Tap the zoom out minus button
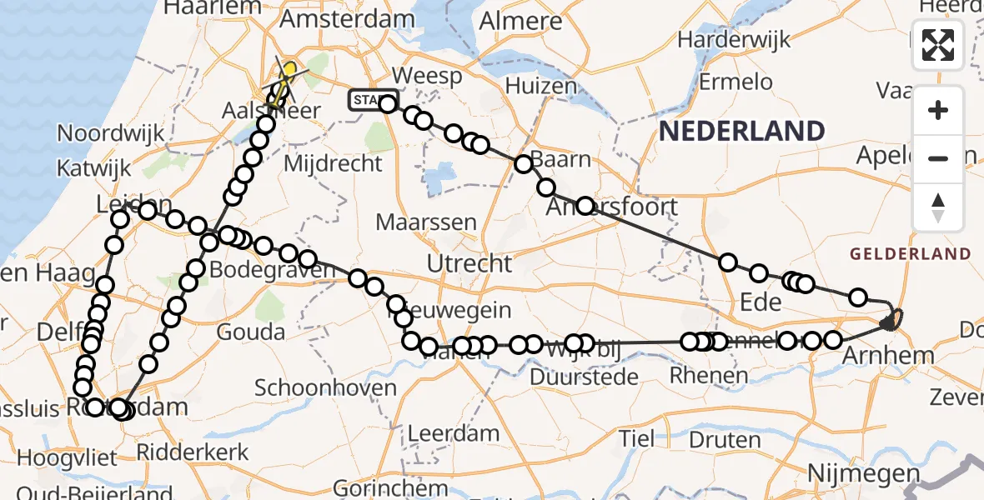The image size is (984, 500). coord(938,158)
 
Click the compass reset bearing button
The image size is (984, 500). coord(938,207)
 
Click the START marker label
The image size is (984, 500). coord(366,101)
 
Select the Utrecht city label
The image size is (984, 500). coord(469,264)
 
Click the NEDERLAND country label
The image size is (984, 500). coord(742,131)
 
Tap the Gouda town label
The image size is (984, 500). coord(249,332)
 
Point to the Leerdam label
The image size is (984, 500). coord(453,433)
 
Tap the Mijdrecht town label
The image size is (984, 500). coord(333,162)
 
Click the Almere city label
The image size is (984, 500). coord(521,20)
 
